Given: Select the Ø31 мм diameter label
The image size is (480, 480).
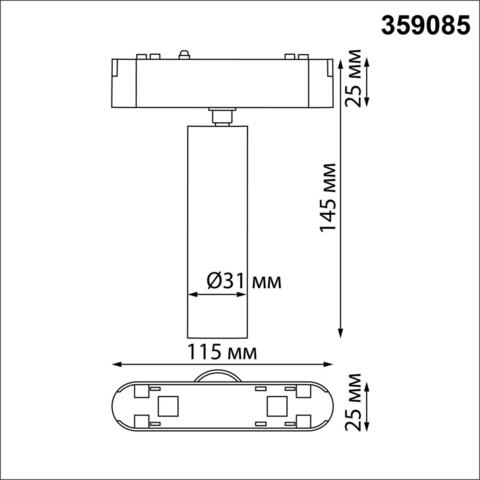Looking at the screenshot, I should (x=244, y=283).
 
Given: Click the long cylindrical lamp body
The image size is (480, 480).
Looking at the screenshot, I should (x=216, y=230).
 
